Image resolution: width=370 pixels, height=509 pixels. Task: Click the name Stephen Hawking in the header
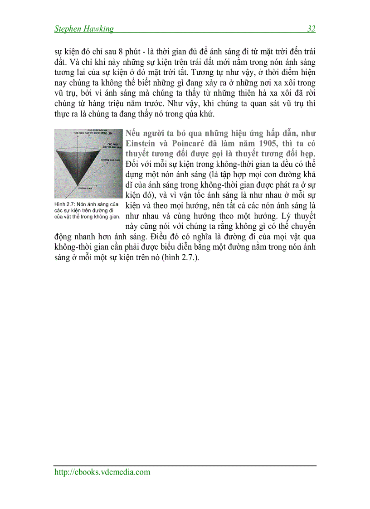84,29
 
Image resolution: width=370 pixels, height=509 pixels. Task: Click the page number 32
311,29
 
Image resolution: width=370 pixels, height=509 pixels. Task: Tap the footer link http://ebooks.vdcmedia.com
102,472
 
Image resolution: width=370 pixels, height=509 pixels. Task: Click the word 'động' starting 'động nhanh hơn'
63,237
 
